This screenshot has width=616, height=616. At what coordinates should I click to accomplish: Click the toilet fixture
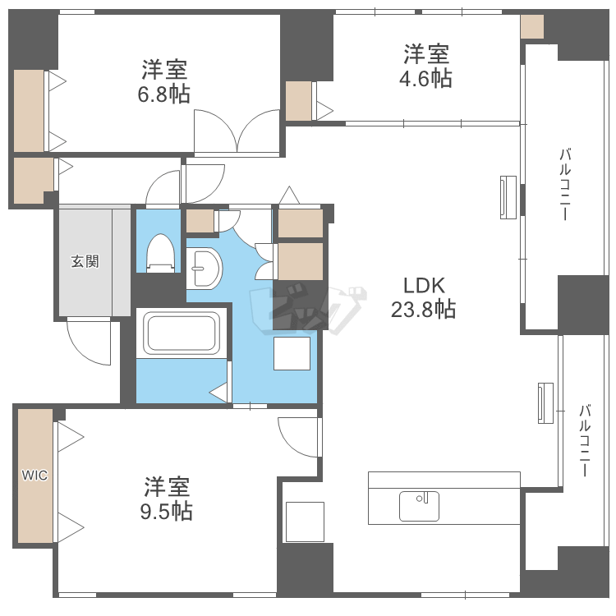coord(160,253)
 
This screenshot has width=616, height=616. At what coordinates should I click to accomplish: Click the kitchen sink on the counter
coord(419,506)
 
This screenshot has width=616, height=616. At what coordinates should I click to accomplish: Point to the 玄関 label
coord(84,262)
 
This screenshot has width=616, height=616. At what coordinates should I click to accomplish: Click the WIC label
coord(34,475)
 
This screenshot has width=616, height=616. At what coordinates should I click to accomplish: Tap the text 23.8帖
coord(423,310)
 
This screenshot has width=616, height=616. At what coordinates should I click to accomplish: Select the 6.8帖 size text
coord(163,94)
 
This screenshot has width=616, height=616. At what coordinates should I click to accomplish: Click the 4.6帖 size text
coord(425,79)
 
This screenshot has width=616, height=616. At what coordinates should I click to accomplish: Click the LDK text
coord(423,286)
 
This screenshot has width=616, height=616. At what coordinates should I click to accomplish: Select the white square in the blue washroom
coord(292,354)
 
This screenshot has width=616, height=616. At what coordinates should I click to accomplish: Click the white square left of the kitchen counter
coord(304,521)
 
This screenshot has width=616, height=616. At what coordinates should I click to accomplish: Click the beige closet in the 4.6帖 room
coord(298,101)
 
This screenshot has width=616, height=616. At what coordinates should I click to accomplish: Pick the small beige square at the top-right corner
coord(532,26)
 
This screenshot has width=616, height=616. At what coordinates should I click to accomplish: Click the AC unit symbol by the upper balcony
coord(508,197)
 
